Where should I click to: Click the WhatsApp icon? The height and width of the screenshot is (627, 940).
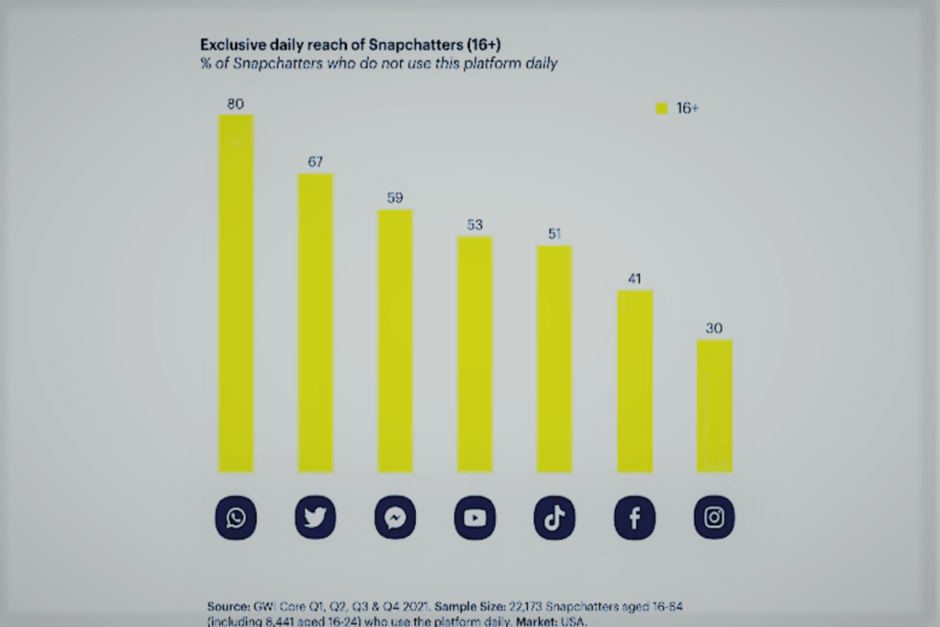tap(236, 520)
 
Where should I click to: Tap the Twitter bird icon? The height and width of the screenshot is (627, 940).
tap(315, 520)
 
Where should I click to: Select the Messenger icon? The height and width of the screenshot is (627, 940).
tap(395, 520)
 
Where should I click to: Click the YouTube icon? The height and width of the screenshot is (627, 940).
tap(475, 520)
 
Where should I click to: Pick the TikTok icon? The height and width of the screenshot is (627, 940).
tap(554, 520)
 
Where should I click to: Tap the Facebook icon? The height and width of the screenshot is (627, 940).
tap(634, 520)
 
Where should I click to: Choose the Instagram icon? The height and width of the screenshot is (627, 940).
tap(714, 520)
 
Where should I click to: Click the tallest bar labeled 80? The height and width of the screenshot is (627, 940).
tap(236, 294)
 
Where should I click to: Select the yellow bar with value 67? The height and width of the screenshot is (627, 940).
tap(315, 321)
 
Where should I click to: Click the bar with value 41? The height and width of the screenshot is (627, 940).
tap(634, 381)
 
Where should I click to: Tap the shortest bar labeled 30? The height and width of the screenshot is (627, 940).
tap(714, 404)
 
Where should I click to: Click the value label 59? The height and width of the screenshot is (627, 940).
tap(395, 197)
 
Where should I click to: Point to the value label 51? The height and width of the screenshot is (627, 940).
tap(554, 233)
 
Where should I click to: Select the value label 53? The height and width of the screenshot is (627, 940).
tap(475, 224)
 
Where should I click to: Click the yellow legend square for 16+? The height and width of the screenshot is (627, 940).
tap(661, 108)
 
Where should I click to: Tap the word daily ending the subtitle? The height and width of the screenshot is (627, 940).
tap(537, 62)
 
